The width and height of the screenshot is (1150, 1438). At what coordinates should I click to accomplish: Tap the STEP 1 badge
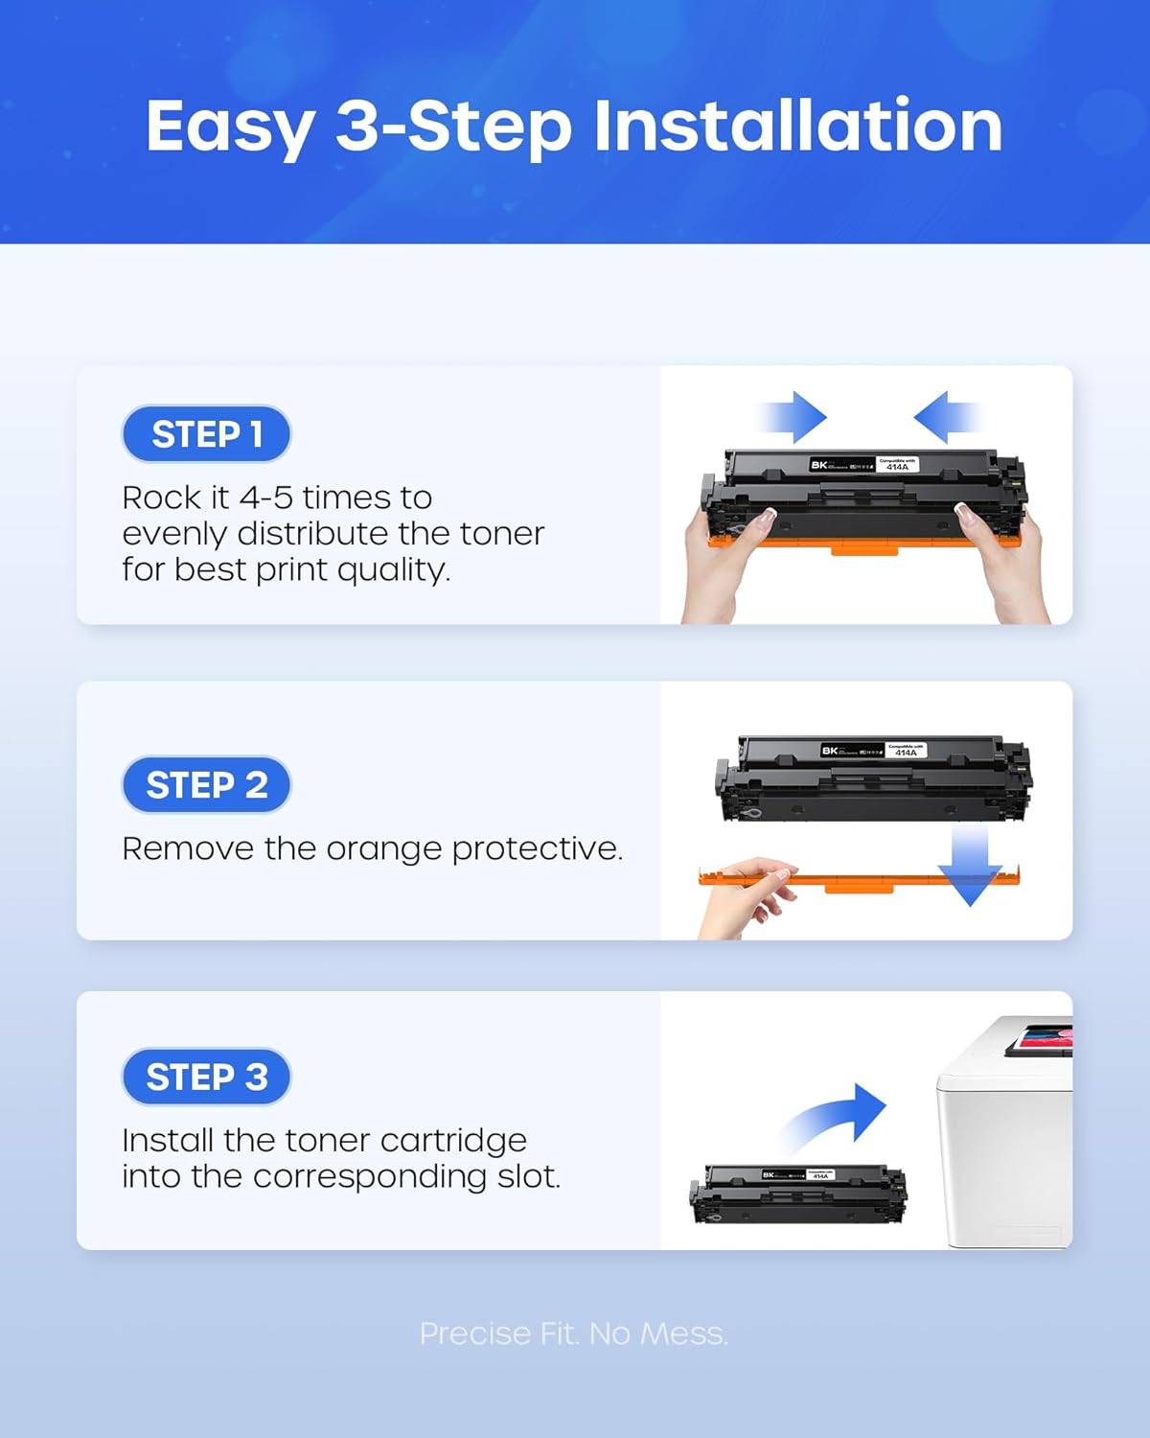pos(206,434)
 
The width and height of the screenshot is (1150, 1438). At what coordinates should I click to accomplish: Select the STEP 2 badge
pos(206,785)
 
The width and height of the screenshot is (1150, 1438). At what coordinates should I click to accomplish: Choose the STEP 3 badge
pos(206,1077)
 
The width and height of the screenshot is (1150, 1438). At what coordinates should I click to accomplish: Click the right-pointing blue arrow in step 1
pos(795,417)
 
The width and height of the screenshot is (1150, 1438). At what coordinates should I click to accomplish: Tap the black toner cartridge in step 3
pos(797,1194)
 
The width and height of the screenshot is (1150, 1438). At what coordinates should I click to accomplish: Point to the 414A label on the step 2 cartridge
pos(906,753)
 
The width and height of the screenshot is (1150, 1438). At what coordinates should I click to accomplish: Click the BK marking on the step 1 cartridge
pos(819,465)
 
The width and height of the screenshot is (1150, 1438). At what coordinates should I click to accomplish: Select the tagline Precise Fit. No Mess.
pos(574,1334)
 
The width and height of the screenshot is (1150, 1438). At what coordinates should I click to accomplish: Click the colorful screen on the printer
pos(1047,1038)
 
